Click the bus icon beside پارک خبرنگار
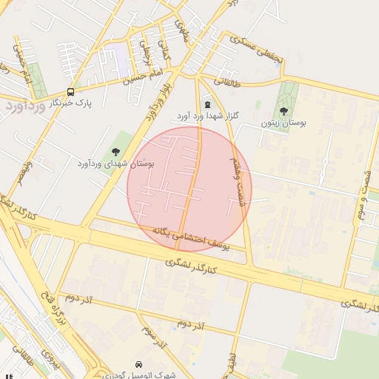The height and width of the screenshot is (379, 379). click(x=70, y=92)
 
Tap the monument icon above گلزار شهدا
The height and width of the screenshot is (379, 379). click(x=207, y=105)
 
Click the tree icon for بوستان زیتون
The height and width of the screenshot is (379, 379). click(x=284, y=111)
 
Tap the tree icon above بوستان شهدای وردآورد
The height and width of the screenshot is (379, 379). click(x=115, y=151)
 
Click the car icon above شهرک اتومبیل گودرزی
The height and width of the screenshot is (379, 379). click(x=140, y=364)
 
